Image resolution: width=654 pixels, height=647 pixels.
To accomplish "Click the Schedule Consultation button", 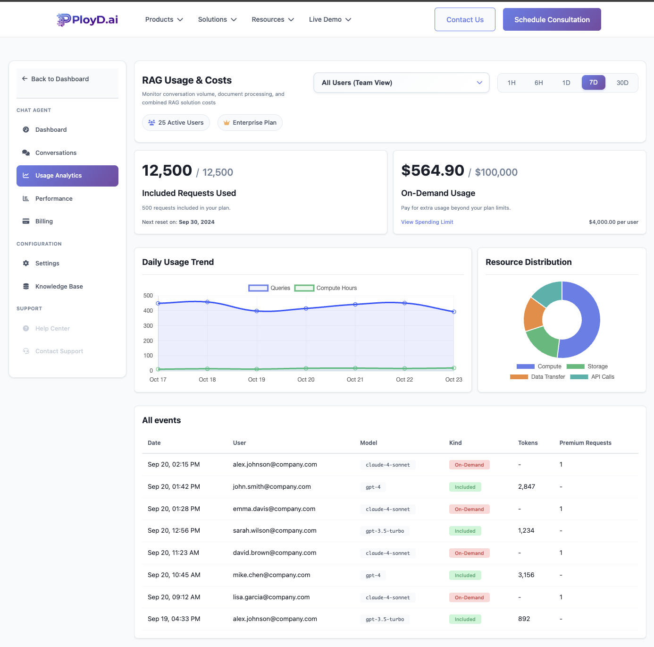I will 552,19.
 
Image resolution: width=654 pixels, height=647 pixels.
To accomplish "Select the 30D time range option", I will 622,83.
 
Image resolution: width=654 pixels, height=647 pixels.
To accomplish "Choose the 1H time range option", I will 511,83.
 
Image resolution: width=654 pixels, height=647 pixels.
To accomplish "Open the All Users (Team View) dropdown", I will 401,83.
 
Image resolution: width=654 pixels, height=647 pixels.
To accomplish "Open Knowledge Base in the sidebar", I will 59,286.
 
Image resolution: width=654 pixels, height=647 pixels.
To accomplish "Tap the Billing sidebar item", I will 44,221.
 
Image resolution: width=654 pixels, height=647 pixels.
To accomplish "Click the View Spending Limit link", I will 427,222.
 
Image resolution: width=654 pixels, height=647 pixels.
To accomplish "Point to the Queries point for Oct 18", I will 207,302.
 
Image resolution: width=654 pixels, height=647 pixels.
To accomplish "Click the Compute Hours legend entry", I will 326,288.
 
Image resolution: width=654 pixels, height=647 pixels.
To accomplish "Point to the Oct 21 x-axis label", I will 355,380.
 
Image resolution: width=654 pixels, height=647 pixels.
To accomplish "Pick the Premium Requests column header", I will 585,443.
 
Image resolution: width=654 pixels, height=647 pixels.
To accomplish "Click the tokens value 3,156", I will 526,575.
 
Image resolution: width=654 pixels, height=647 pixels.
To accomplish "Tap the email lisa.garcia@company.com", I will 271,597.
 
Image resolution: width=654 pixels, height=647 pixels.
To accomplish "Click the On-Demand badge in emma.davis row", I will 469,509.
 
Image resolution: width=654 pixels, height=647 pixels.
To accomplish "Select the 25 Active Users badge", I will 176,123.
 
